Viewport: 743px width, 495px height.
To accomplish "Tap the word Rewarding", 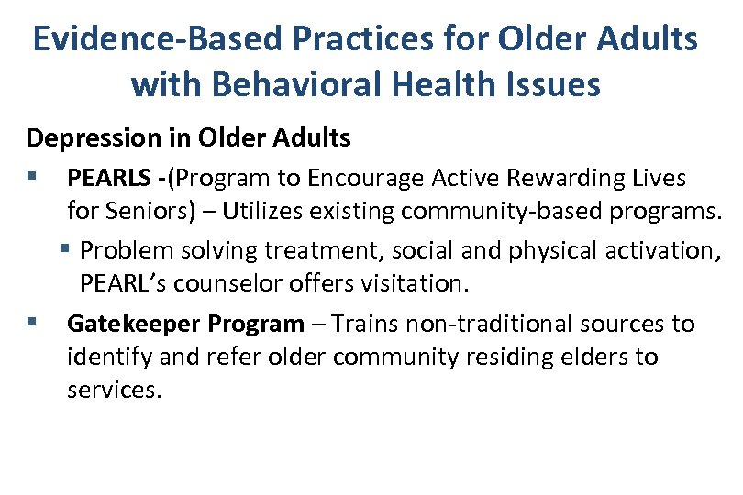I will point(552,177).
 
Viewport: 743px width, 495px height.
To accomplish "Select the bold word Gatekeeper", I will point(134,324).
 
